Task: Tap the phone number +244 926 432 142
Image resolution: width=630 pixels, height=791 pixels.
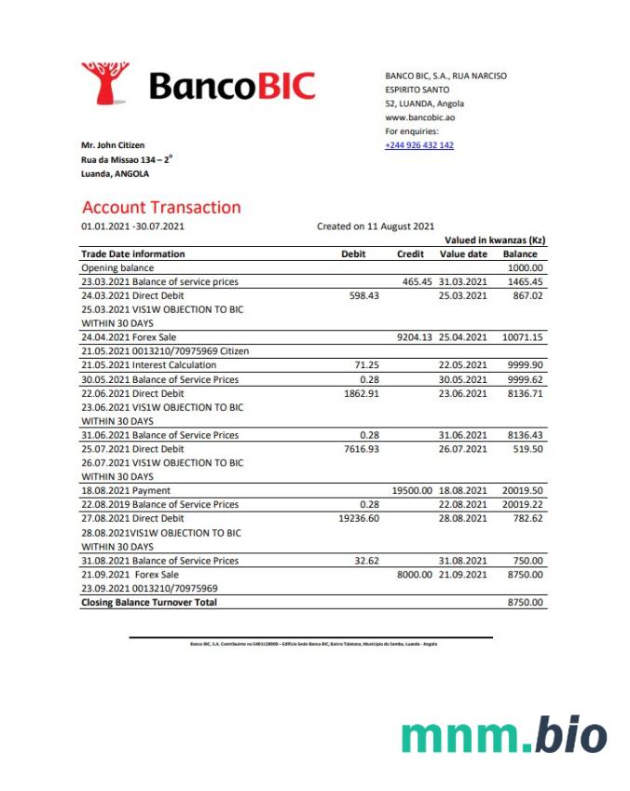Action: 419,145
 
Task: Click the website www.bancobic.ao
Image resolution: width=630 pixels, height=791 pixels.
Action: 420,117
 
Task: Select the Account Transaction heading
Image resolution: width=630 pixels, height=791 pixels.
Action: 161,208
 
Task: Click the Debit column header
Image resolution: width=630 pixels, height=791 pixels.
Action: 354,253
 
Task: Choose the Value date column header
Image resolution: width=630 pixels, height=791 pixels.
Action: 463,253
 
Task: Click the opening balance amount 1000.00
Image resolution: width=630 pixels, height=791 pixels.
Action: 525,267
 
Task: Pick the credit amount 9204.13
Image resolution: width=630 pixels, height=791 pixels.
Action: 415,337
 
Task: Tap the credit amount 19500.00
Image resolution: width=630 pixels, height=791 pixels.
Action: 411,490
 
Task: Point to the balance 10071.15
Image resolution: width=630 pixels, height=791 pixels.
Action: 522,337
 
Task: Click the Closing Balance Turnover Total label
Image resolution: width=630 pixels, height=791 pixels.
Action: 149,603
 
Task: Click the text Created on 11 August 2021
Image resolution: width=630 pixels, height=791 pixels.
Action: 376,226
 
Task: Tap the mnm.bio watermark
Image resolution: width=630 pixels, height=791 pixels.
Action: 504,735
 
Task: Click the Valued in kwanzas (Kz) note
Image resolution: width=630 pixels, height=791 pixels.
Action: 495,240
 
